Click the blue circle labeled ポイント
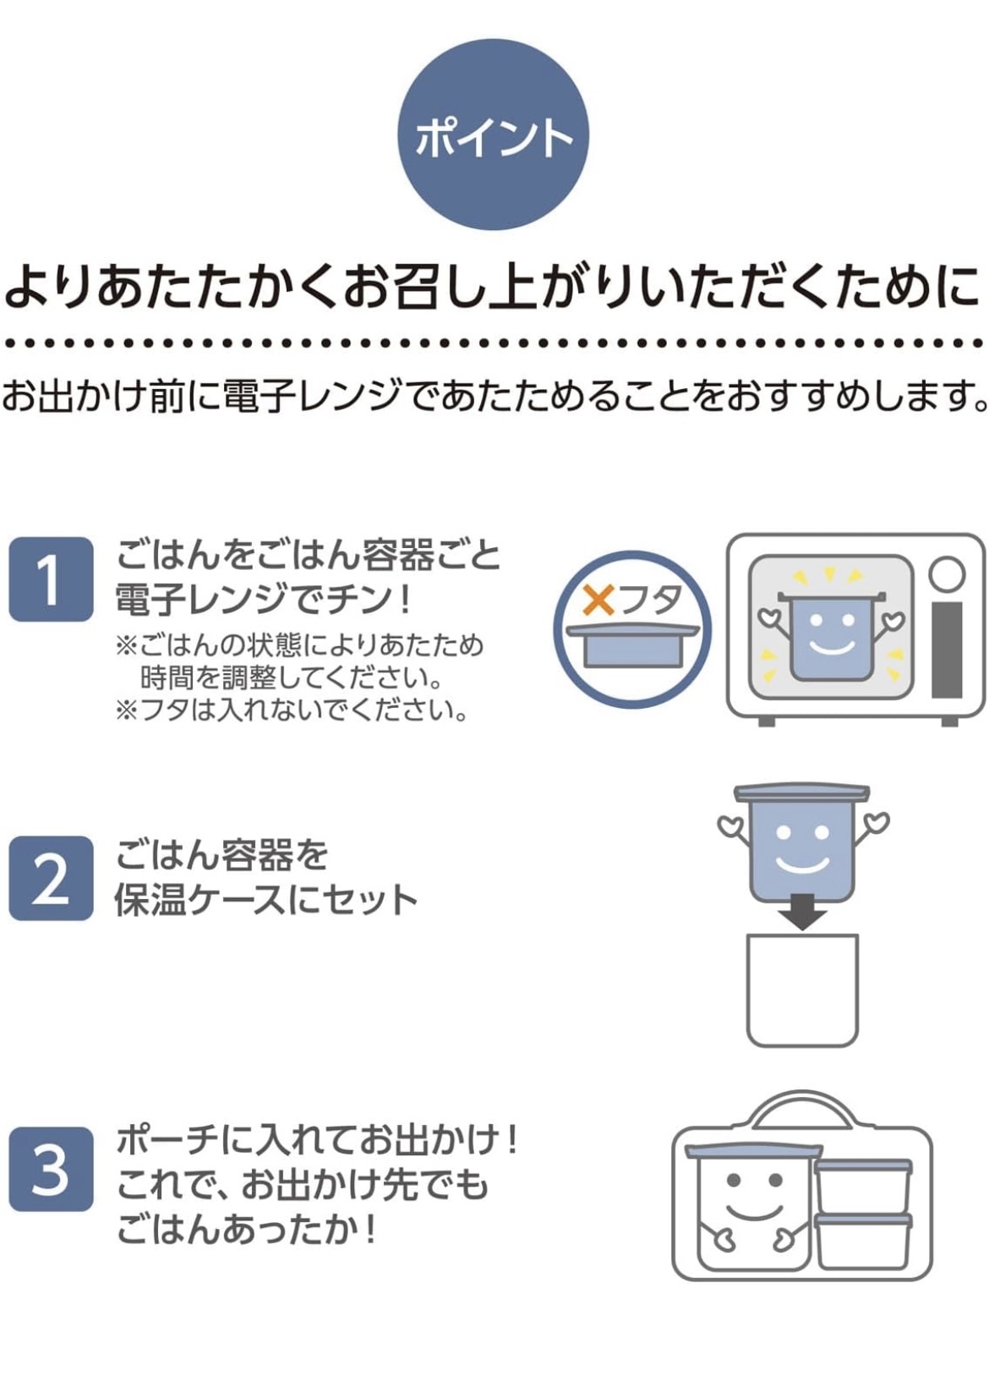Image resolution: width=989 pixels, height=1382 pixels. pos(493,134)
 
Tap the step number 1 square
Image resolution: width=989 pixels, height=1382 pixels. pos(51,579)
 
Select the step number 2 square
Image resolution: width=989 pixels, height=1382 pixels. pos(51,878)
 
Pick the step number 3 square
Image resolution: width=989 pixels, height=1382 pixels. pos(51,1169)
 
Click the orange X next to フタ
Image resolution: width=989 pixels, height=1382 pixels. pos(598,600)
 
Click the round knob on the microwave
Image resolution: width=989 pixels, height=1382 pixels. pos(947,574)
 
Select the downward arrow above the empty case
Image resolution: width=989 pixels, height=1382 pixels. pos(801,912)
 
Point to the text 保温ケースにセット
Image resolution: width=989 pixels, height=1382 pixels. pos(266,900)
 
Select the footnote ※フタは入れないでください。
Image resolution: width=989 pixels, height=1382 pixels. pos(292,710)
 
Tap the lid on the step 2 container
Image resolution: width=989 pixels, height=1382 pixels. pos(801,792)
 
